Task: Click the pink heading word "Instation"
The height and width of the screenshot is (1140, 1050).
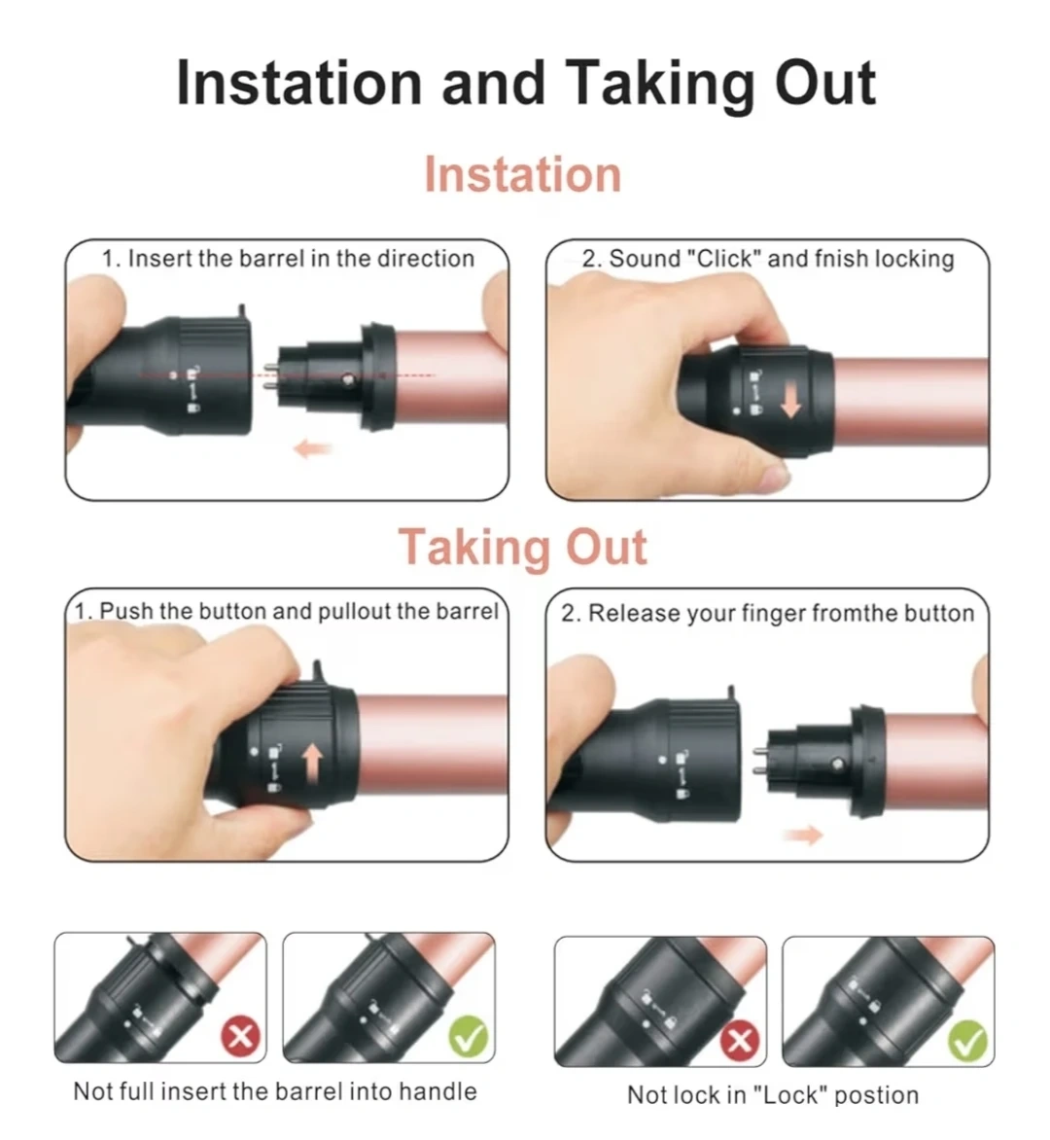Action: pos(522,175)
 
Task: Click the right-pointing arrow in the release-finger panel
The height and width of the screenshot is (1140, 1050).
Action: pos(804,836)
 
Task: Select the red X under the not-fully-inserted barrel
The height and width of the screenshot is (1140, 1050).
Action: pos(241,1035)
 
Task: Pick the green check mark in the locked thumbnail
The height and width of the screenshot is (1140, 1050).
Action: pos(968,1041)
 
